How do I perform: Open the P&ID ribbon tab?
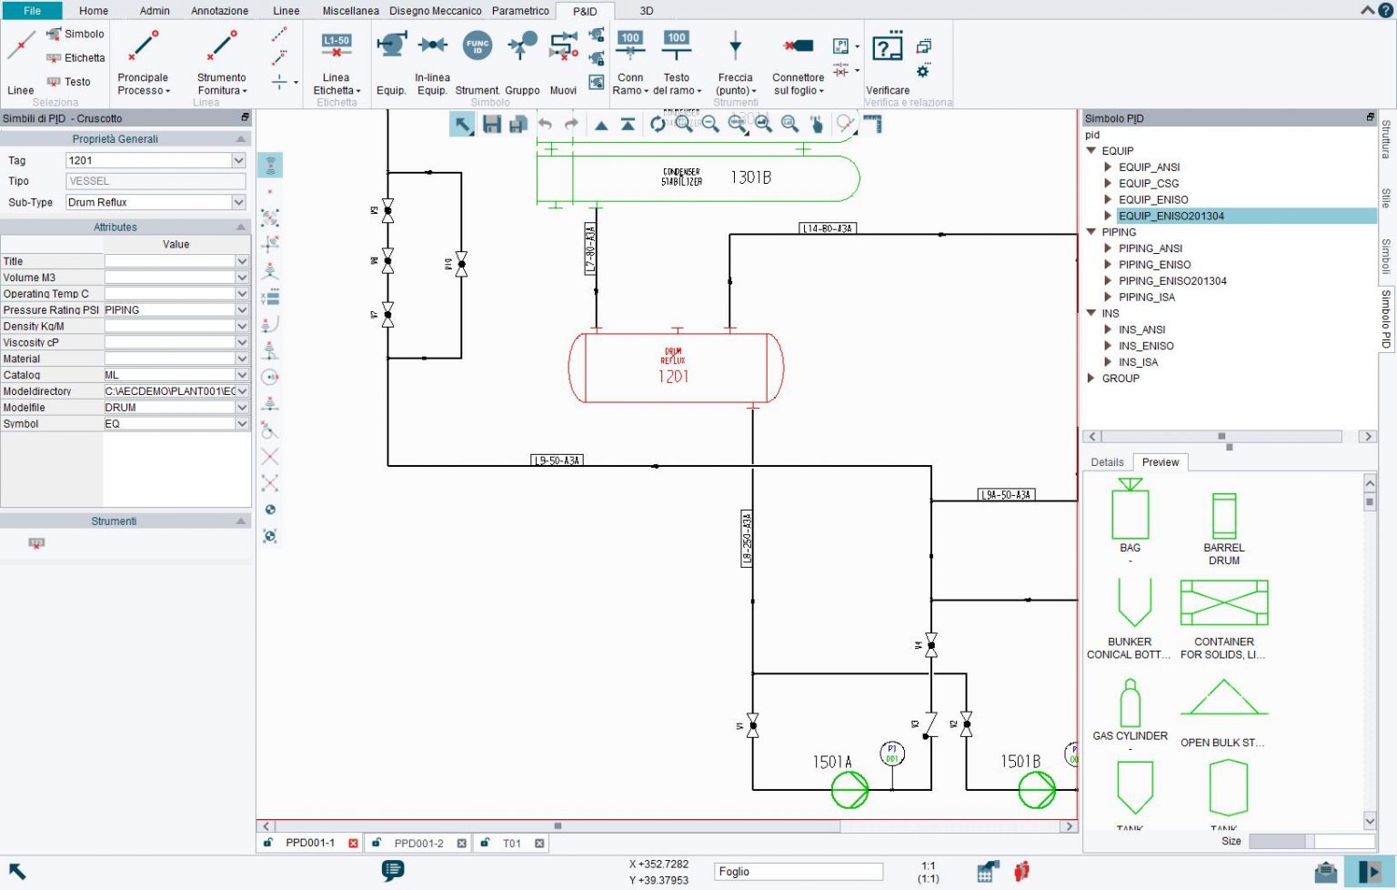585,11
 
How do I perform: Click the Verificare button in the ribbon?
887,64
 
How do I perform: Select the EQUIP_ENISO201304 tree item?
1171,216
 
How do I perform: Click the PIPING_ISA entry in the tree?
1146,297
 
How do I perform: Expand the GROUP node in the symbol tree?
1091,379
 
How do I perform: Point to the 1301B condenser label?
750,177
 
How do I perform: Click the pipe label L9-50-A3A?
557,460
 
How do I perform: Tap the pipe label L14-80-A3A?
828,228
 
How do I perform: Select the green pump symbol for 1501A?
849,790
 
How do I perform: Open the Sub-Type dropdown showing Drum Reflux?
238,202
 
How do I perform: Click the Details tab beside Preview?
1107,462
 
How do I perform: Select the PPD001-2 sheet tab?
418,844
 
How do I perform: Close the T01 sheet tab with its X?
539,844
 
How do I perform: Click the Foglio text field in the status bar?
797,872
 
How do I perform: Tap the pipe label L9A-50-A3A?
1006,495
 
